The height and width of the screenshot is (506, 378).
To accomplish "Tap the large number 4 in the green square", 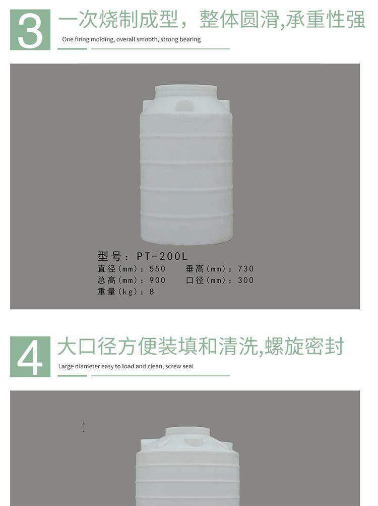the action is pyautogui.click(x=30, y=357).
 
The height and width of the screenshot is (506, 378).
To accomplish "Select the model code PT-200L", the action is pyautogui.click(x=162, y=256).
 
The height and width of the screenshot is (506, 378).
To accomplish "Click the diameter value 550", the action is pyautogui.click(x=157, y=268).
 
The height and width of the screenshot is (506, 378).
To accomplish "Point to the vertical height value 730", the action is pyautogui.click(x=246, y=268).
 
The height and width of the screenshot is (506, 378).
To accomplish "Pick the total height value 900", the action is pyautogui.click(x=157, y=280).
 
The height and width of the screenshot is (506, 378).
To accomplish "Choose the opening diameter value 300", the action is pyautogui.click(x=246, y=280).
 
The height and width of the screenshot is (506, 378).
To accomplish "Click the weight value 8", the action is pyautogui.click(x=152, y=292).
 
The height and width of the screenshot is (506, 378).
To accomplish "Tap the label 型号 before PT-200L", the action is pyautogui.click(x=109, y=256).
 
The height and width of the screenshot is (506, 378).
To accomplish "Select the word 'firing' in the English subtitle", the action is pyautogui.click(x=82, y=39).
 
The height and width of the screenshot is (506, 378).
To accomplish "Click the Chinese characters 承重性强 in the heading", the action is pyautogui.click(x=326, y=19).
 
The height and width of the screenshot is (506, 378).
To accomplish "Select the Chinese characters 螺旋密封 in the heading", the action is pyautogui.click(x=304, y=346).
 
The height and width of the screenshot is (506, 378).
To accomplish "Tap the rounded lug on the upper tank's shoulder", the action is pyautogui.click(x=184, y=105).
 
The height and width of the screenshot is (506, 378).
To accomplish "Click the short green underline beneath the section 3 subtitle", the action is pyautogui.click(x=72, y=49).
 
